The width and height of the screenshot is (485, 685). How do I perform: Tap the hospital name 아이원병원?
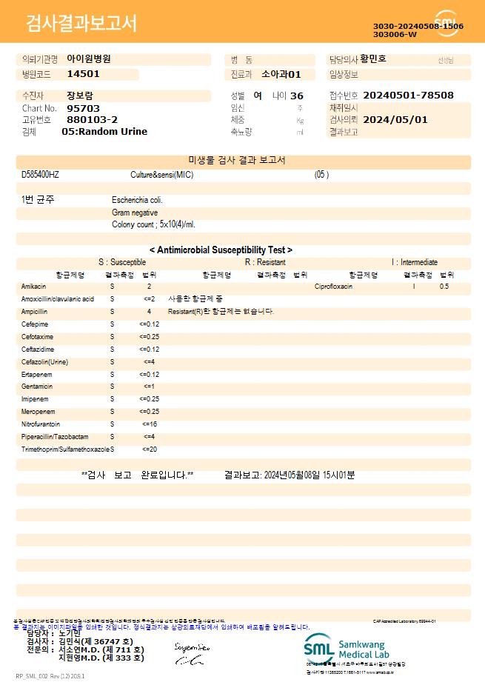click(89, 59)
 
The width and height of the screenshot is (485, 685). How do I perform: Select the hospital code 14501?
click(83, 74)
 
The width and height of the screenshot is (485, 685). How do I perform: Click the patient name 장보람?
click(80, 96)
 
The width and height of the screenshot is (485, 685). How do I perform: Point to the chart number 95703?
click(83, 108)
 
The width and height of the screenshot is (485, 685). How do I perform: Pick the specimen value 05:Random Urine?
click(104, 132)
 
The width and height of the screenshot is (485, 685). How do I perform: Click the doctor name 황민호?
click(373, 59)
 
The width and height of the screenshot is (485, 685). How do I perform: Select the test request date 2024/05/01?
click(395, 119)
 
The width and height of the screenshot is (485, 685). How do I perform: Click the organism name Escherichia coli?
click(137, 200)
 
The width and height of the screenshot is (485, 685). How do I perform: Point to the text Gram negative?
click(135, 213)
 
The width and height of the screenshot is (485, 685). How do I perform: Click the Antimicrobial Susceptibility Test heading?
click(221, 250)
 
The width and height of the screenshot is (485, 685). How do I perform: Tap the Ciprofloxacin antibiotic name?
click(333, 286)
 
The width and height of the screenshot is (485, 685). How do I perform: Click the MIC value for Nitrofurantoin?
click(150, 424)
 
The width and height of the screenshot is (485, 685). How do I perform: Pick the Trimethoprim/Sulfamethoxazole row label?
click(66, 450)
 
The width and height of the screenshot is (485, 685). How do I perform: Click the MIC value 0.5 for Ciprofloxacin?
click(444, 286)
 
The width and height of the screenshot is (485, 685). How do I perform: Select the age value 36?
click(297, 96)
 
